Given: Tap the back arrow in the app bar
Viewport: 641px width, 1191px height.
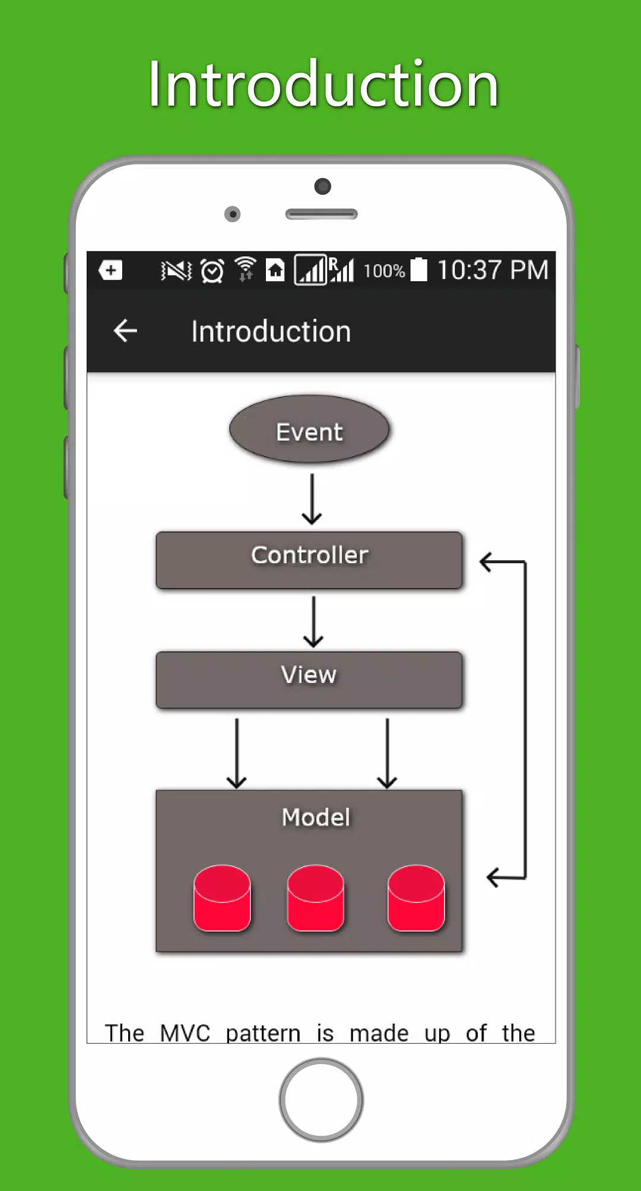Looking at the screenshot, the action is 125,331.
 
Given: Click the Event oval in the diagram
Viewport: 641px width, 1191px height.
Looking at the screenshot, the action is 309,429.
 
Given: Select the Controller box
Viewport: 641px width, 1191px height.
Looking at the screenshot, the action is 309,560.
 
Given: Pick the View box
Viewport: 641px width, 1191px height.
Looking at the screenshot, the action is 309,680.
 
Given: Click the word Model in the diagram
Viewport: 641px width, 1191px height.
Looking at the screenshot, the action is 316,817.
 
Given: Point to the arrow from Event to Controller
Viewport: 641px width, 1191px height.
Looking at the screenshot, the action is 312,499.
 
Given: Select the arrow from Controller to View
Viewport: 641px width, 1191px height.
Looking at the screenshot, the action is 313,621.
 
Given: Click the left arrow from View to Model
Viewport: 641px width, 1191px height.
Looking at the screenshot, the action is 237,753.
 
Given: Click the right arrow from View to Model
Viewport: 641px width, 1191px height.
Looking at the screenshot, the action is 387,753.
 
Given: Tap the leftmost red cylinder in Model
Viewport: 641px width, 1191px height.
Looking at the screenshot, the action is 222,898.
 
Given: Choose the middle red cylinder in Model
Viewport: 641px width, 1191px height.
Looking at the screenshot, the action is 315,898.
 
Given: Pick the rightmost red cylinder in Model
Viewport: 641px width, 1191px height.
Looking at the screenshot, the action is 416,898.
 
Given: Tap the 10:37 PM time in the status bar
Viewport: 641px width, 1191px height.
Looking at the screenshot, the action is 493,270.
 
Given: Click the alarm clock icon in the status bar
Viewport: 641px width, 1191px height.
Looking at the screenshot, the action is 212,271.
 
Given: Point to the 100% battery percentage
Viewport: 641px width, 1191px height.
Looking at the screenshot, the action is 384,271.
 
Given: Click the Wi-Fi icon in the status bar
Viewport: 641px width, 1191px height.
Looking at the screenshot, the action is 245,269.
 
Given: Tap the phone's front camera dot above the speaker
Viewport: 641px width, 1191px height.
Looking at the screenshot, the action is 322,186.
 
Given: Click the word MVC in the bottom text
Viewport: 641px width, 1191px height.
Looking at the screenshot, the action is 185,1033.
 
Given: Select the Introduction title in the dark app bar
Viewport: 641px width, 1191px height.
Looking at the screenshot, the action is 271,331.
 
